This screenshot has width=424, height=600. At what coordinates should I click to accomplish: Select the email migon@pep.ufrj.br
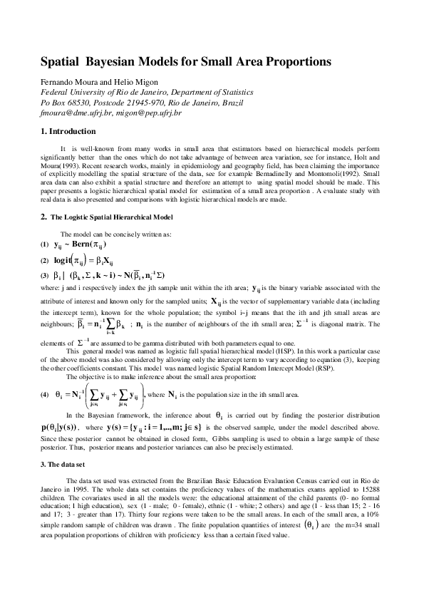(148, 113)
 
